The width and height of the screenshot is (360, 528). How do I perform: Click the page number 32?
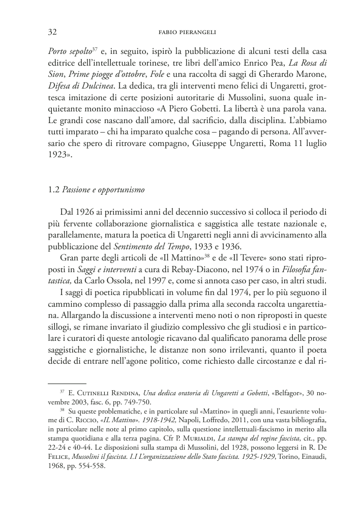pyautogui.click(x=51, y=32)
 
